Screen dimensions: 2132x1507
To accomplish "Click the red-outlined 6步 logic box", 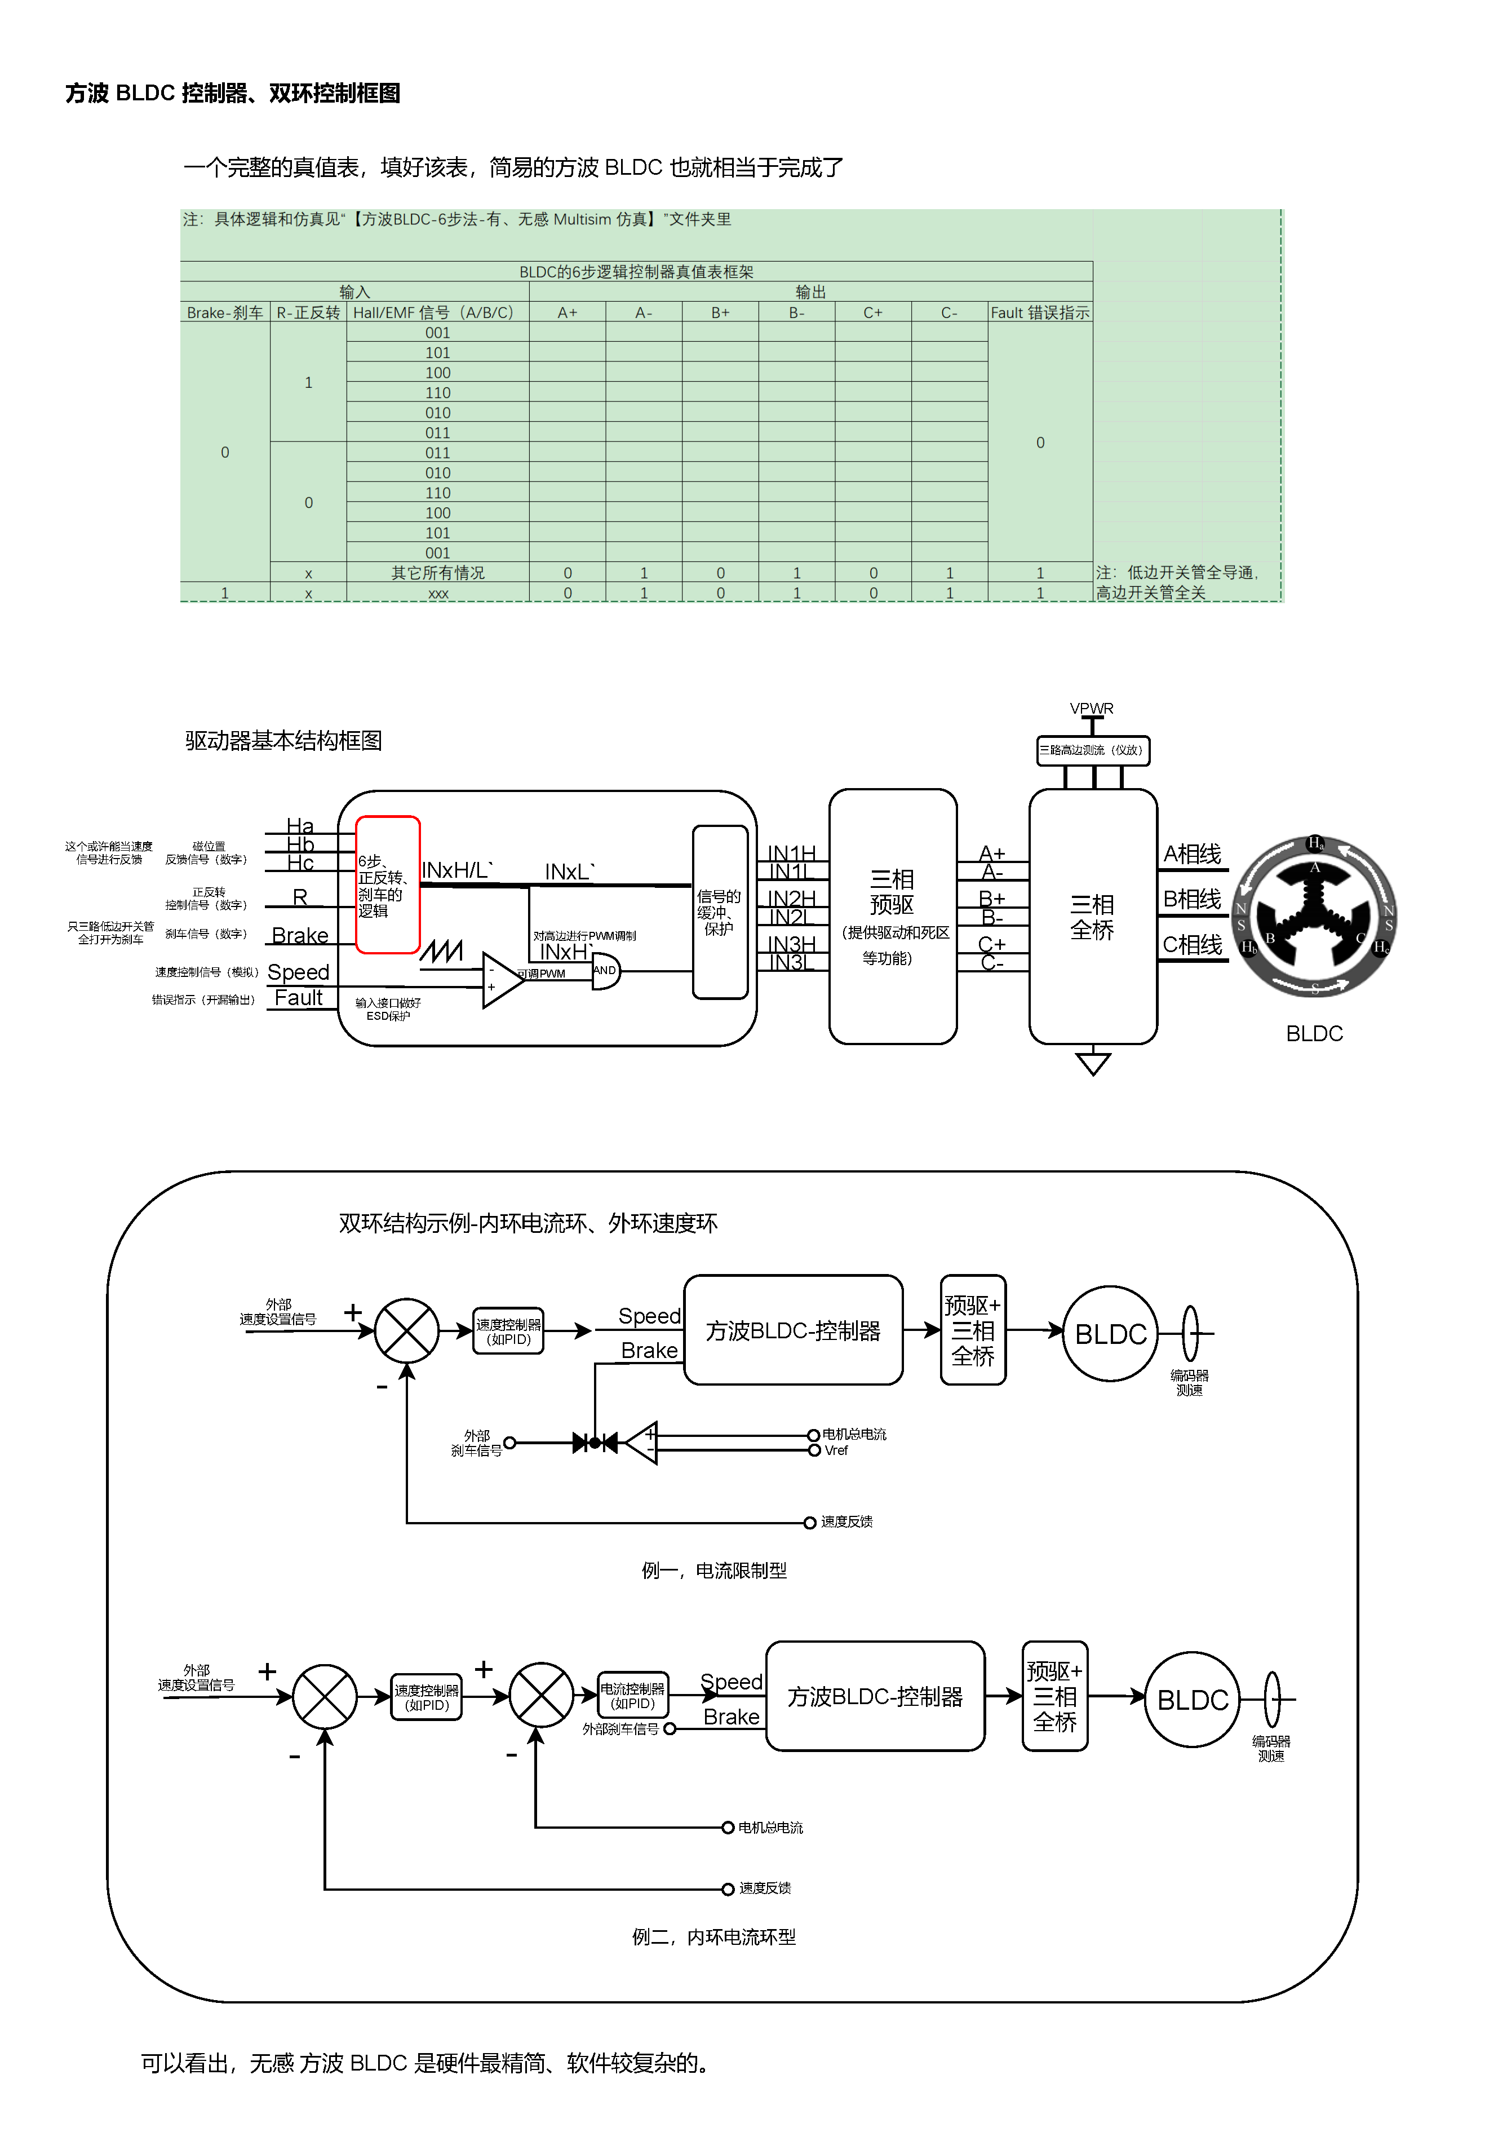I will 387,884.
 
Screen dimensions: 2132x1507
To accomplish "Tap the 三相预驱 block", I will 892,917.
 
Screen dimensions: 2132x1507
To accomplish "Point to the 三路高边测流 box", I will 1093,750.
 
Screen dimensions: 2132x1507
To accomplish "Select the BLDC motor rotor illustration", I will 1314,917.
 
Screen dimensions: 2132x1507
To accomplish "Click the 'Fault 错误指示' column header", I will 1039,313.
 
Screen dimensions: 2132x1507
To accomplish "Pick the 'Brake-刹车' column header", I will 225,313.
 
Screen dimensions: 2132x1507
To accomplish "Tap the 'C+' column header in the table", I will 873,313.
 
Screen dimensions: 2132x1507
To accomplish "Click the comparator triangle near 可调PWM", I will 502,980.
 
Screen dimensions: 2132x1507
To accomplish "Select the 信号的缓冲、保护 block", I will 720,912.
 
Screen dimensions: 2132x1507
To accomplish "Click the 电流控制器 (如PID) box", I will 632,1696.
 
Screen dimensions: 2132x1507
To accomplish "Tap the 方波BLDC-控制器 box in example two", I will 875,1696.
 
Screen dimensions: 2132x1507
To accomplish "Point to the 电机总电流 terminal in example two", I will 728,1828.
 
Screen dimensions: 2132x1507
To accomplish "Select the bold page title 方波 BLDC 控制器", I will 232,93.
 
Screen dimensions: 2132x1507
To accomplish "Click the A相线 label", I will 1191,853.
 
